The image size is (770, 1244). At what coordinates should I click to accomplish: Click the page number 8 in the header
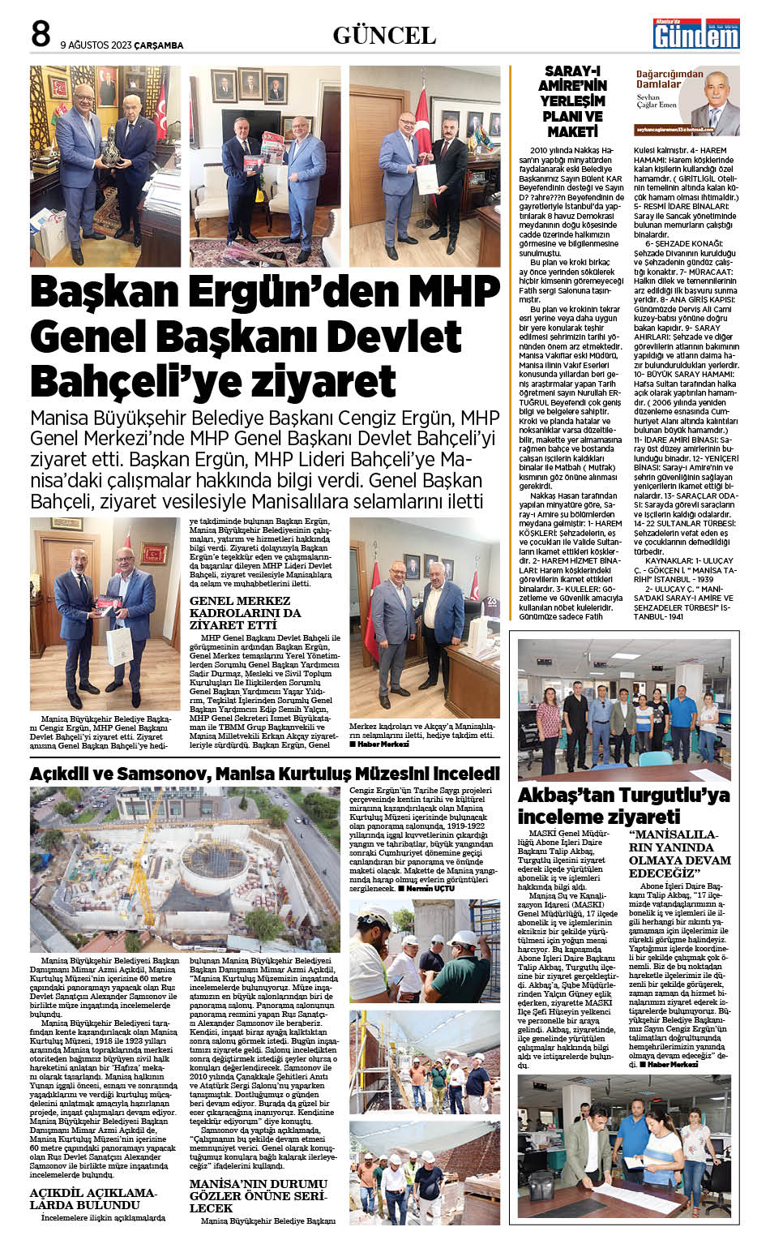pos(41,34)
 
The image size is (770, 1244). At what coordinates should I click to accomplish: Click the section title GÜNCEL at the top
pos(384,36)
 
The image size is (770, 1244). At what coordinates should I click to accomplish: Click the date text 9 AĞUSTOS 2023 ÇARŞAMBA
pos(122,45)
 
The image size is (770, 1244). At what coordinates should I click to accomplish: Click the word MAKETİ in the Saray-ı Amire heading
pos(573,131)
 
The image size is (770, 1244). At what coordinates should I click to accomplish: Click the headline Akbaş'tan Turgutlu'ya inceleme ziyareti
pos(623,804)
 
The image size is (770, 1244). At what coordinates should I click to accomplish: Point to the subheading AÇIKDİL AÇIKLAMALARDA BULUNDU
pos(92,1199)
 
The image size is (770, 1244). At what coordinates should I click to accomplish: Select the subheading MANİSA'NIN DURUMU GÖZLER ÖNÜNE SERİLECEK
pos(257,1195)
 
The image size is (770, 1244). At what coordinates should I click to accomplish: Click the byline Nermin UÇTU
pos(429,889)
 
